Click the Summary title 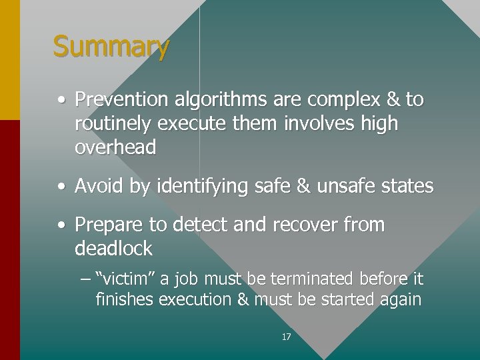pos(111,47)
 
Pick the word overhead pos(115,147)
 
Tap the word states pos(408,186)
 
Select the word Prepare pos(105,225)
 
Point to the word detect pos(199,225)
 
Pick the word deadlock pos(114,249)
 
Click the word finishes pos(125,299)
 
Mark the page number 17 pos(286,337)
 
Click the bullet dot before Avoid pos(61,187)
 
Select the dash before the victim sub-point pos(83,279)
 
